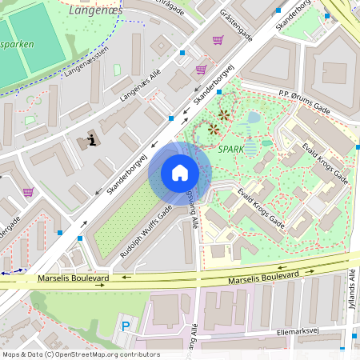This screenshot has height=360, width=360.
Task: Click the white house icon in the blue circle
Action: [180, 173]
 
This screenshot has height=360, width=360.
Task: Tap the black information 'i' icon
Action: [92, 141]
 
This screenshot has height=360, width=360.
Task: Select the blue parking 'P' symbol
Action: [124, 326]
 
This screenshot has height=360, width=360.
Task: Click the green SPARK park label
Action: [230, 149]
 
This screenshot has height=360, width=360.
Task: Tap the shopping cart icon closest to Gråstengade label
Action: [218, 40]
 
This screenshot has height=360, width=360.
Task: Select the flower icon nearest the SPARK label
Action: [214, 128]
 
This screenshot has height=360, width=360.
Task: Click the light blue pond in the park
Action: [254, 118]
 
